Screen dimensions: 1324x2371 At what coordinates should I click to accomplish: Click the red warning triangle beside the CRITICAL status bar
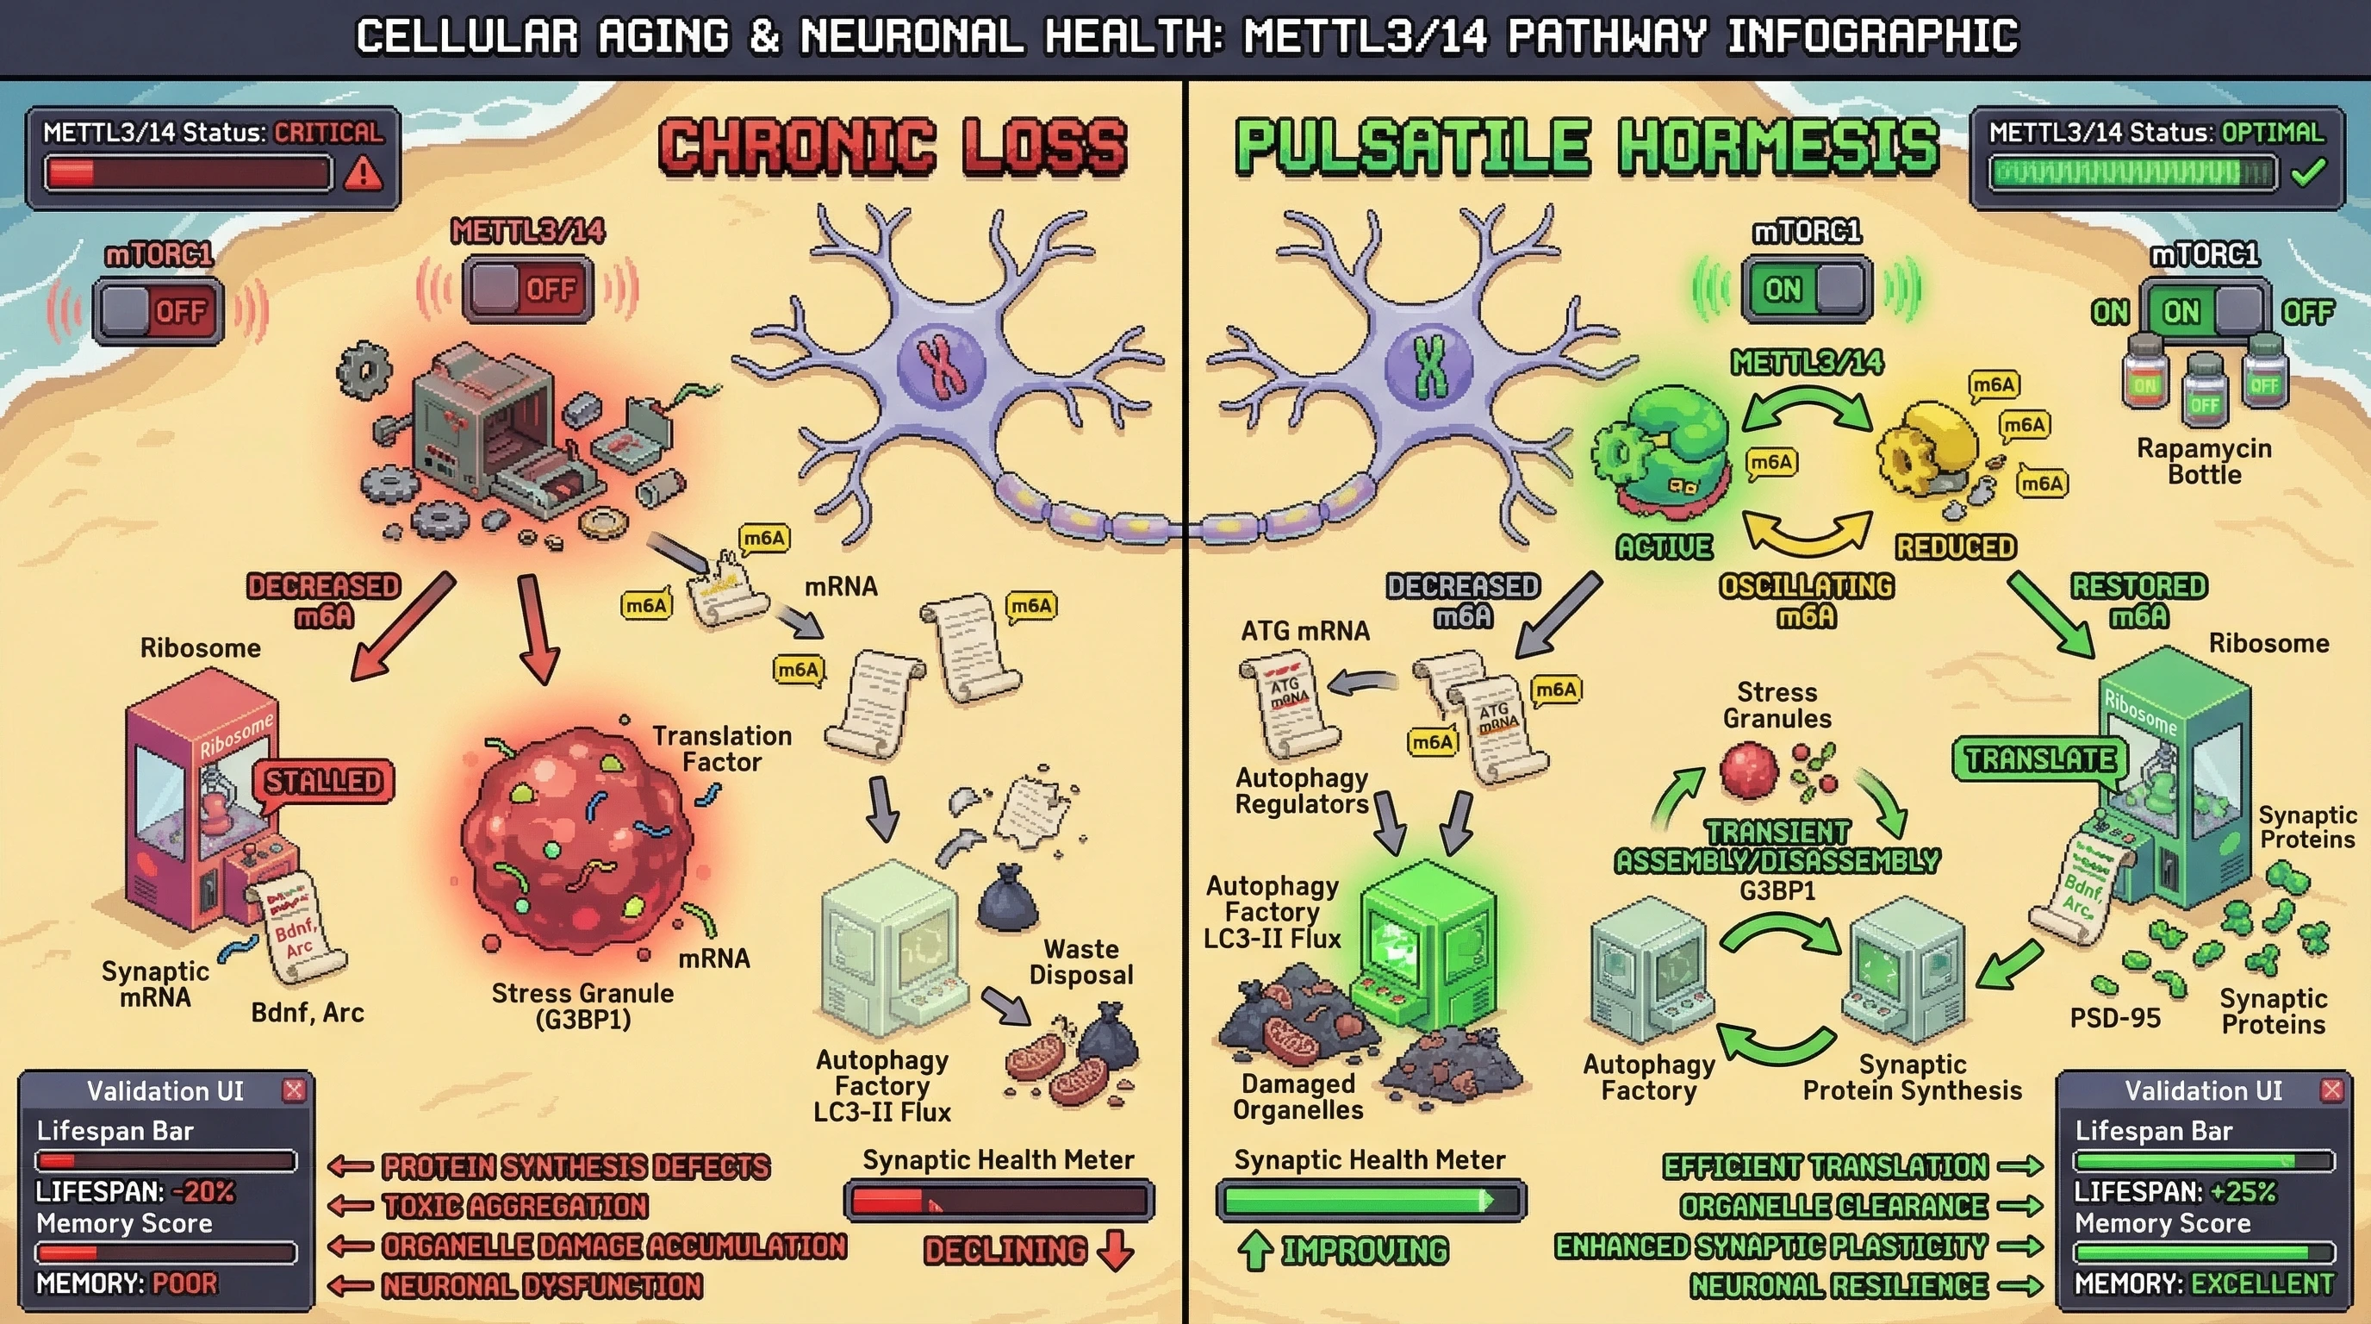coord(364,172)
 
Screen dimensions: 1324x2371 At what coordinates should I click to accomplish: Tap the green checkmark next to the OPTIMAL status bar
coord(2307,172)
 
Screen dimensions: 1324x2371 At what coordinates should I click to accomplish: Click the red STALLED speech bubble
coord(324,782)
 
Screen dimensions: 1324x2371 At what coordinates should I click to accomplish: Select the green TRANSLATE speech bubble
coord(2039,759)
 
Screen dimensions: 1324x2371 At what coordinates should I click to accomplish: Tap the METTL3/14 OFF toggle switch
coord(527,290)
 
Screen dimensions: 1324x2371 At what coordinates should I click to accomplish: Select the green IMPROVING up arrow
coord(1254,1251)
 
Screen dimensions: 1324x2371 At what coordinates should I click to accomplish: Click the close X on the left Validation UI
coord(294,1091)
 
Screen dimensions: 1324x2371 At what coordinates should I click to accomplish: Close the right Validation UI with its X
coord(2331,1091)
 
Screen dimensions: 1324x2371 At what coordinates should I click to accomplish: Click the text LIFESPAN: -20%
coord(135,1191)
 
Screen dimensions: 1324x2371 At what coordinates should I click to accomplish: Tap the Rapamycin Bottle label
coord(2204,461)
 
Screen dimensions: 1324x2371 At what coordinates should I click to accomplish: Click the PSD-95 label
coord(2114,1017)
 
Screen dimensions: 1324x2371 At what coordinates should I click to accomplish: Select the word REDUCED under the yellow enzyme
coord(1955,546)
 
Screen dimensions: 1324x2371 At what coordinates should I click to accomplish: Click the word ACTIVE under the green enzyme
coord(1665,546)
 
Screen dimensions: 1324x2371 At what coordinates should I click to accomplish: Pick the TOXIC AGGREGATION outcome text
coord(515,1206)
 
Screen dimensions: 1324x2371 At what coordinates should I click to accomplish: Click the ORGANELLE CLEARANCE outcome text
coord(1833,1206)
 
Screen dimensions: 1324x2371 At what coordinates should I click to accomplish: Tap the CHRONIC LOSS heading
coord(893,146)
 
